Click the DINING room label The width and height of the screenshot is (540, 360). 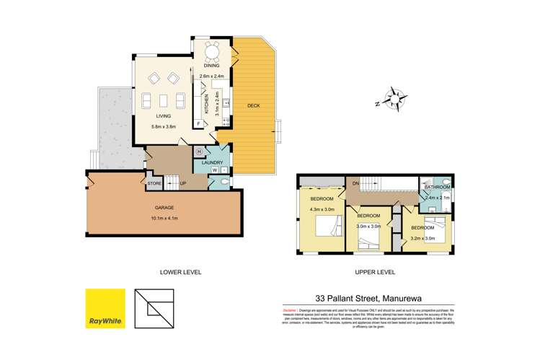click(211, 66)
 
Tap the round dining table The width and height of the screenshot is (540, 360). click(211, 51)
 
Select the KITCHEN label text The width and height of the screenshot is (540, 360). click(206, 105)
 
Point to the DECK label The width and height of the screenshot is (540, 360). click(254, 107)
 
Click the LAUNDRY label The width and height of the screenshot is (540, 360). click(211, 163)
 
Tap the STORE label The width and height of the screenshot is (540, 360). click(154, 184)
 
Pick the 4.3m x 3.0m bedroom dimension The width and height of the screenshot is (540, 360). click(322, 210)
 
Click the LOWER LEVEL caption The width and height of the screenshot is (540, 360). click(180, 273)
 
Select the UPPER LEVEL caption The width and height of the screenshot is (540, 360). click(375, 273)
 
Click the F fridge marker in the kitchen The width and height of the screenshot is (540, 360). click(198, 124)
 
